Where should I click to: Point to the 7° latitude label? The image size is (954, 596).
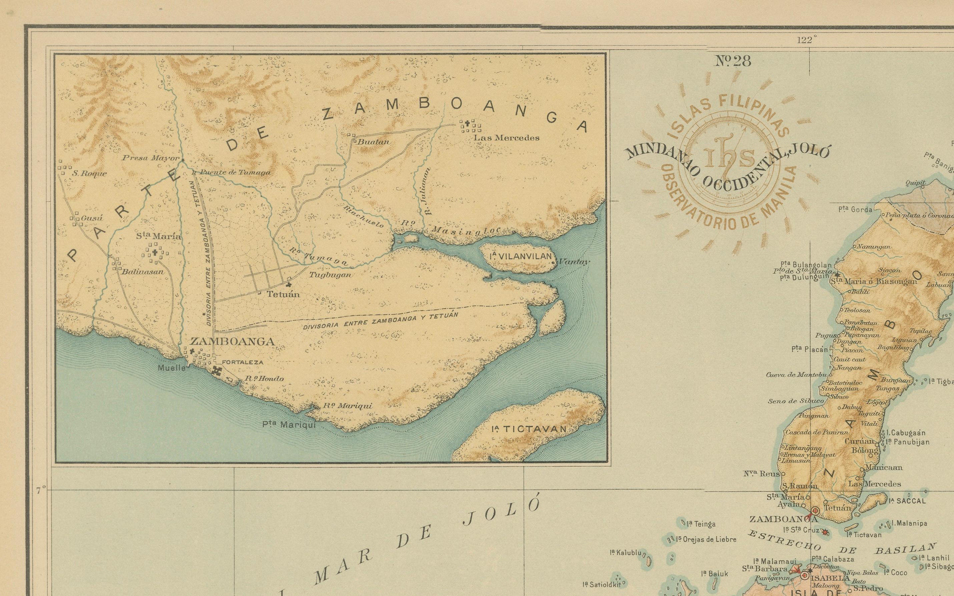(41, 490)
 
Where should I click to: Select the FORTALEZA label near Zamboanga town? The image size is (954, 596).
(242, 362)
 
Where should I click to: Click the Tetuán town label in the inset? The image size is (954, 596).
(283, 294)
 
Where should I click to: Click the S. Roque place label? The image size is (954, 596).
(89, 174)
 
